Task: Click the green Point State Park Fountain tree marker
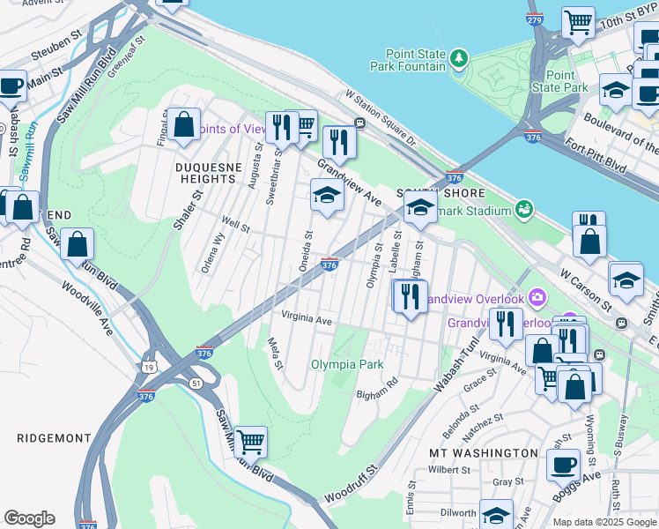[458, 59]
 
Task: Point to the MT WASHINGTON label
[483, 452]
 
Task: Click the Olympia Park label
[346, 364]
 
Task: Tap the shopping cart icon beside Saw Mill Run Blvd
[251, 441]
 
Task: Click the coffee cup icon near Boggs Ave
[563, 464]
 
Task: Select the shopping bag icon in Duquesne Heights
[184, 124]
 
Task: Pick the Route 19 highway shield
[145, 363]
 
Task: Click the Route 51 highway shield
[196, 382]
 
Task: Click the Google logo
[29, 518]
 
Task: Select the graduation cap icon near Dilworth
[496, 515]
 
